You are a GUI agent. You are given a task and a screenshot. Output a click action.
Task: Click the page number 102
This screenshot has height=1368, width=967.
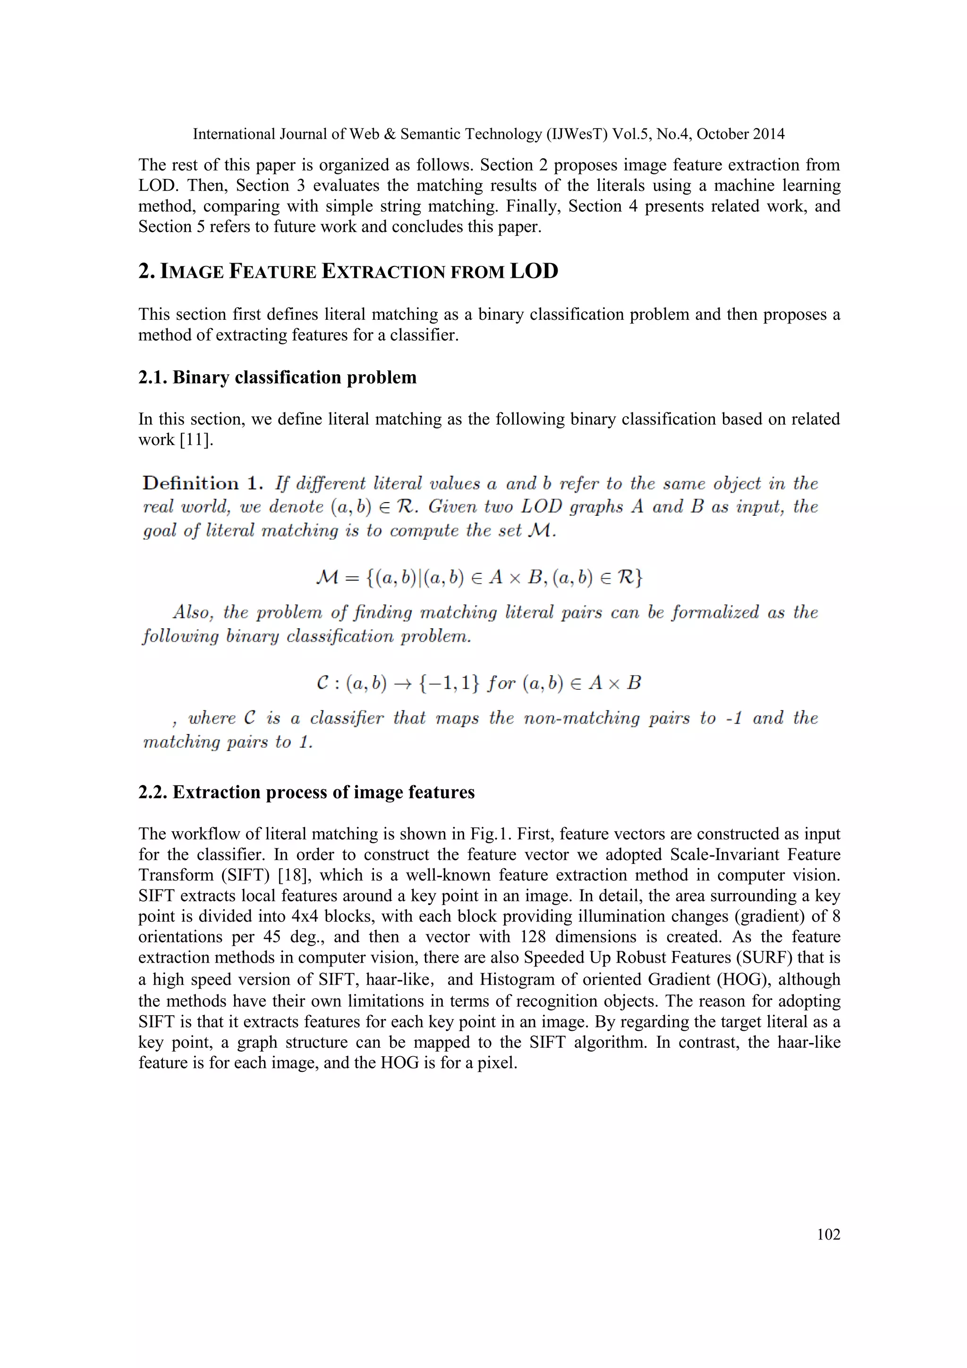click(x=828, y=1234)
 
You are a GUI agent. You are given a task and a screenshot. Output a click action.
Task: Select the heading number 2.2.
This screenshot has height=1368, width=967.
click(x=153, y=793)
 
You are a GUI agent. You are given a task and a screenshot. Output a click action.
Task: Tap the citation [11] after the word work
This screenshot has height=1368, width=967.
click(x=196, y=440)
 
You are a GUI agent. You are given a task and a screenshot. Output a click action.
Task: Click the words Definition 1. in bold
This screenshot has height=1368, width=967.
click(x=203, y=483)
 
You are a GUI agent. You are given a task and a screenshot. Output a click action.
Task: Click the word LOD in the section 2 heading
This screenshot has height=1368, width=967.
click(x=534, y=271)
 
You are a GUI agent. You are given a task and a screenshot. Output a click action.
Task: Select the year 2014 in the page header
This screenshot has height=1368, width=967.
click(x=768, y=134)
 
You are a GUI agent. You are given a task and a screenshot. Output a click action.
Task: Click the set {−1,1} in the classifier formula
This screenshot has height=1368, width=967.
click(x=449, y=683)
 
